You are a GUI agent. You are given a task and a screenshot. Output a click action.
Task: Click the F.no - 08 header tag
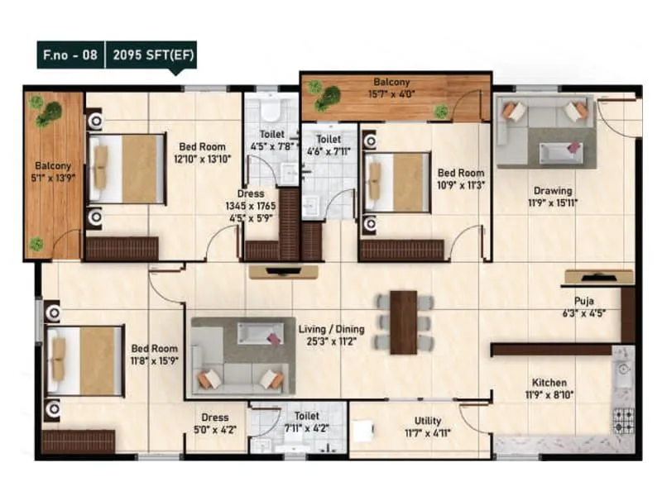point(70,56)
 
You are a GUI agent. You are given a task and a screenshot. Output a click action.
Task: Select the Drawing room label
point(553,190)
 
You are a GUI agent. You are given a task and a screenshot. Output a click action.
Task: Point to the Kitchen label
point(549,382)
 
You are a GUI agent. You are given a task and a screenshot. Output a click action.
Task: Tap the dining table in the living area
point(404,322)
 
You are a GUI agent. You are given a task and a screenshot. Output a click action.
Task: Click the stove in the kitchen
point(623,420)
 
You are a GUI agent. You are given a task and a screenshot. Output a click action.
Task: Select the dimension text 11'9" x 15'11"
point(554,202)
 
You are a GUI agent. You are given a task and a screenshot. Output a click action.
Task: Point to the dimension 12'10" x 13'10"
point(202,159)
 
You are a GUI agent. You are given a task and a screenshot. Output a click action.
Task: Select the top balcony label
point(391,83)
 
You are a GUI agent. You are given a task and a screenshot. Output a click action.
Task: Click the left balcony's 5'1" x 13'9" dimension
point(53,177)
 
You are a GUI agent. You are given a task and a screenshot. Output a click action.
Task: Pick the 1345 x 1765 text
point(250,206)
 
